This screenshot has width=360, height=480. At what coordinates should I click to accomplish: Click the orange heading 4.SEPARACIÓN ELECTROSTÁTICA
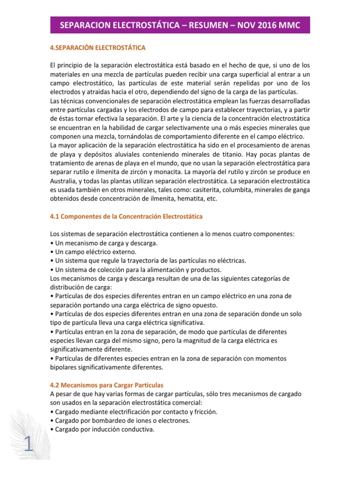[x=98, y=48]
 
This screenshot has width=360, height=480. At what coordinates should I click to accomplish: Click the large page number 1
[x=28, y=445]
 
